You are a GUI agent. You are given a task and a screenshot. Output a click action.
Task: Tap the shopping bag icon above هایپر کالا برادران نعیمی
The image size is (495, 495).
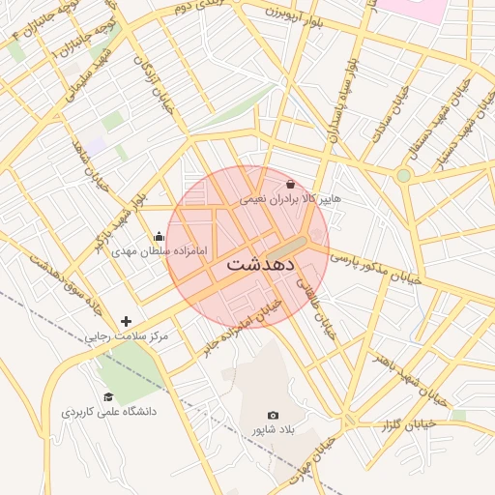click(291, 184)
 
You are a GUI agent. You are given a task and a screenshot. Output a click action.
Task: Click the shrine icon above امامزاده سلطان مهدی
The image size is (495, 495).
click(160, 236)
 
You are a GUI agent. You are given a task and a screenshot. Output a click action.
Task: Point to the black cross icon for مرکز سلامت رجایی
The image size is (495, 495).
click(126, 321)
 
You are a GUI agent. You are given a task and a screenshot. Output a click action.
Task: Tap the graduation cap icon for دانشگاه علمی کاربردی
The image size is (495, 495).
click(108, 397)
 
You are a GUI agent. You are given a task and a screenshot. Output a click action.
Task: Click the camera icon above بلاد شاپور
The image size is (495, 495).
click(273, 415)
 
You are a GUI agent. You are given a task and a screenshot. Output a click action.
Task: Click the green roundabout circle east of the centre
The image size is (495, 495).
click(403, 175)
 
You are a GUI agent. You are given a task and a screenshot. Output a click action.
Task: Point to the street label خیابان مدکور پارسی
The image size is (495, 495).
click(377, 270)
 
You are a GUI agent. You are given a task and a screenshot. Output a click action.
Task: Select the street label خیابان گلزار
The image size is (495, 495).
click(411, 423)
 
